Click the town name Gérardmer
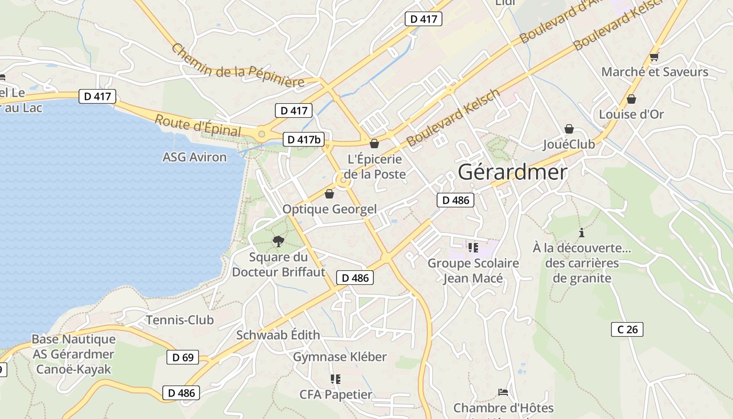[x=513, y=172]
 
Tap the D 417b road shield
[x=304, y=139]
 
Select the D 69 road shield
[x=183, y=358]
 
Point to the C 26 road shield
[x=627, y=329]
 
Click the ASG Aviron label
[x=195, y=157]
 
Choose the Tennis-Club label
[x=180, y=320]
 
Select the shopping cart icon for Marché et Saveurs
[x=654, y=57]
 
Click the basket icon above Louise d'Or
[x=631, y=99]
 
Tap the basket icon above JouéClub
[x=569, y=129]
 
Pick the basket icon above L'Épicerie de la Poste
[x=374, y=144]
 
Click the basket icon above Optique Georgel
[x=329, y=194]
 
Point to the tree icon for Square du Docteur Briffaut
[x=279, y=241]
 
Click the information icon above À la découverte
[x=581, y=233]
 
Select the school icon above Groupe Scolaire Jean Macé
[x=473, y=248]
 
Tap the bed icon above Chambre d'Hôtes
[x=503, y=392]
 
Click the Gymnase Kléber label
[x=339, y=357]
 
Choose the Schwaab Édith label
[x=277, y=335]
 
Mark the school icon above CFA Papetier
[x=335, y=379]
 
